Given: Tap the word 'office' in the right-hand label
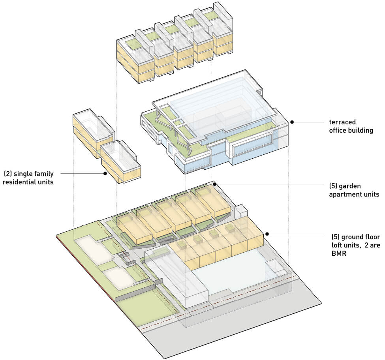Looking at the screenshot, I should [338, 130].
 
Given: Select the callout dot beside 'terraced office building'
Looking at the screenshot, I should [292, 122].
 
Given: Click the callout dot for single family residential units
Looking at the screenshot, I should [105, 173].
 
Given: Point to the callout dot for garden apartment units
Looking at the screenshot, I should [215, 184].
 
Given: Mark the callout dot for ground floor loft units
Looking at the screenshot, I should [267, 234].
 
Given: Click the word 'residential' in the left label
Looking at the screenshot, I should [24, 182].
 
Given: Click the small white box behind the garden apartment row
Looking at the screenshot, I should [240, 212].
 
